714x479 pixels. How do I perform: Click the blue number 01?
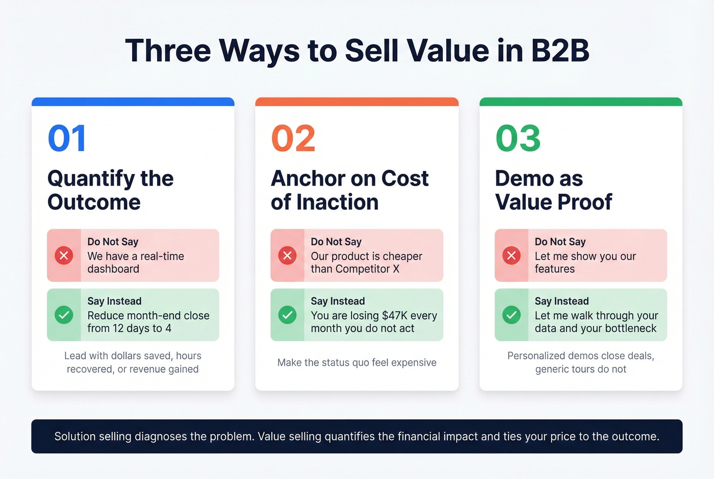click(67, 138)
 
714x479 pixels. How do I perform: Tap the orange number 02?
click(293, 138)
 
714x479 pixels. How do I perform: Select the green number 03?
click(518, 138)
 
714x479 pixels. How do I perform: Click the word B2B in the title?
click(559, 51)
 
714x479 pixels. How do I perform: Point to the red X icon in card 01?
click(64, 255)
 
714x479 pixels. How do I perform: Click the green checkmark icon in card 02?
click(287, 315)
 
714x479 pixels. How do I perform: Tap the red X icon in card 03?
click(511, 255)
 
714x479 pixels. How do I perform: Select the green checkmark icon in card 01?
click(64, 315)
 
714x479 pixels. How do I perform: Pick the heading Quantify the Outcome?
click(110, 190)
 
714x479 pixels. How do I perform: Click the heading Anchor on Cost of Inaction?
click(349, 190)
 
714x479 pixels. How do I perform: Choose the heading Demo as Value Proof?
click(553, 190)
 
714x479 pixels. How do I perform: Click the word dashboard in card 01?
click(113, 269)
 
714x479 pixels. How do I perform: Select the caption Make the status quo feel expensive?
click(356, 363)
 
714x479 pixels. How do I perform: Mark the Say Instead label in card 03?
click(562, 301)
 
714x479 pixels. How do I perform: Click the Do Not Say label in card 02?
click(336, 242)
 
